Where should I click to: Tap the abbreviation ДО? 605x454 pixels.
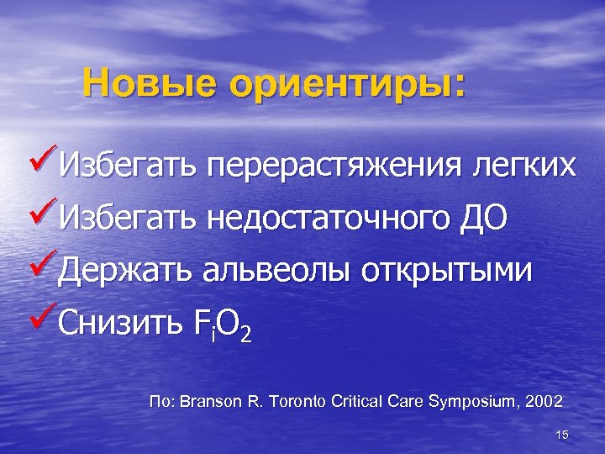click(484, 219)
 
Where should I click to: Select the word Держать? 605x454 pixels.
click(127, 271)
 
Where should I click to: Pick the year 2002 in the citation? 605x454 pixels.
click(544, 400)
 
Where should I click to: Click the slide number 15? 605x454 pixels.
click(562, 434)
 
